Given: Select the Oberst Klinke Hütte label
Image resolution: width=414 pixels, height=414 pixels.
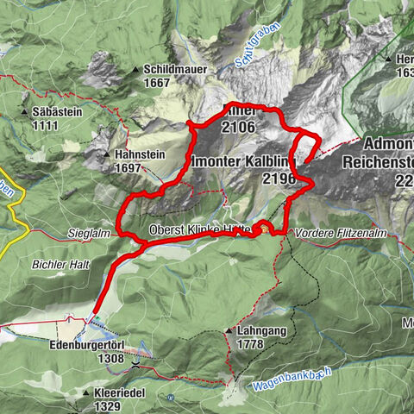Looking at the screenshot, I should pos(198,229).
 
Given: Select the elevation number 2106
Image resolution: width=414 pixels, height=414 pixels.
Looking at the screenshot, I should pos(239,128).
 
